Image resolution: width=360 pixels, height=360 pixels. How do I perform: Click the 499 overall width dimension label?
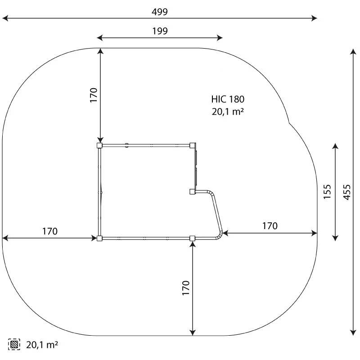coord(160,12)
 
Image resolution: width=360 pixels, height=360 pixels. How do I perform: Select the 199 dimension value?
coord(160,31)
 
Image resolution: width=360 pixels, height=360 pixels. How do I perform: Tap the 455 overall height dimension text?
coord(347,192)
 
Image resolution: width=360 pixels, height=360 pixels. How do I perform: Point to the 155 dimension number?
coord(327,192)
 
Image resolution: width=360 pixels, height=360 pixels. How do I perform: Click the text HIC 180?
coord(228,99)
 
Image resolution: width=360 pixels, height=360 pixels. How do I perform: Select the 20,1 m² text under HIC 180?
coord(228,112)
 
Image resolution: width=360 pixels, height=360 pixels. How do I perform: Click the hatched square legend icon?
coord(14,344)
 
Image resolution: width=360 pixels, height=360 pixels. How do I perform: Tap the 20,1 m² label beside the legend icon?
coord(42,345)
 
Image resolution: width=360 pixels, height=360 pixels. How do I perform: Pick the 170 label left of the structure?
coord(50,231)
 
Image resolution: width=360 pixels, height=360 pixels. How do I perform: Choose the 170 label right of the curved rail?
coord(270,226)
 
